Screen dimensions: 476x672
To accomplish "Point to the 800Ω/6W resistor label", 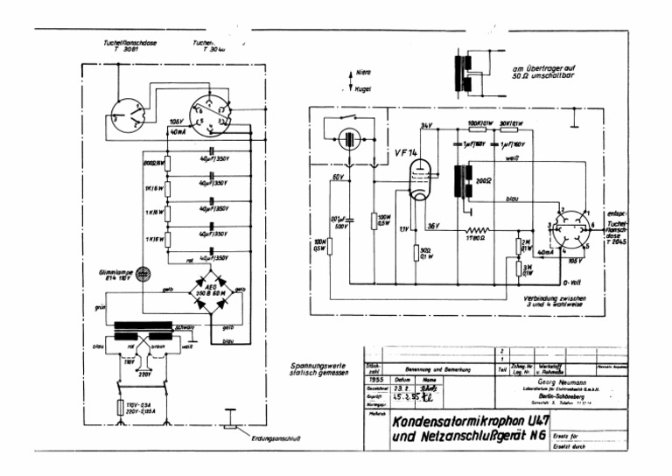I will point(154,164).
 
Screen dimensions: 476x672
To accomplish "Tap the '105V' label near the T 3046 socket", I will point(177,121).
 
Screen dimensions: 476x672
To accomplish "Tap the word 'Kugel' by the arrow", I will point(364,88).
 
